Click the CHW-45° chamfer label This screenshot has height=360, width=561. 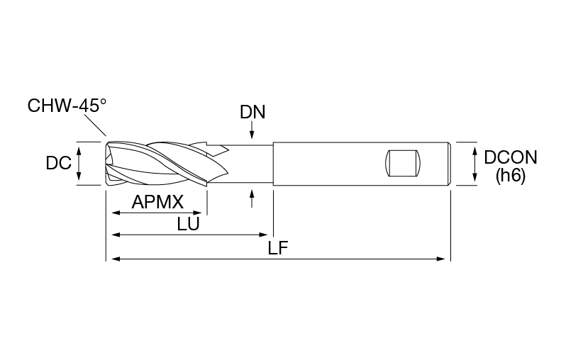(x=67, y=106)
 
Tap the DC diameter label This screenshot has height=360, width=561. (x=59, y=164)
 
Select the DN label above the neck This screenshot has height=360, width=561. (x=252, y=112)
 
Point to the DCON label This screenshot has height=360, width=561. (x=511, y=157)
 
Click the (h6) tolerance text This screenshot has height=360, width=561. (x=510, y=176)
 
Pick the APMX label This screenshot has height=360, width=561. (x=157, y=203)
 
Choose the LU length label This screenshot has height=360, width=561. (x=188, y=225)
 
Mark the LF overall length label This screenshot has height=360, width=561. (x=278, y=248)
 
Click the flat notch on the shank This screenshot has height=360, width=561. (x=403, y=164)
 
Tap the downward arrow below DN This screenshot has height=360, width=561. (x=252, y=130)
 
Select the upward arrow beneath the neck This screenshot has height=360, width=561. (x=252, y=198)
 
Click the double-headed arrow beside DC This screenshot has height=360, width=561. (x=79, y=164)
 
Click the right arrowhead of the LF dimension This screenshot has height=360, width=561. (x=441, y=259)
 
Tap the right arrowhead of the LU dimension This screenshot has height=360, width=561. (x=263, y=235)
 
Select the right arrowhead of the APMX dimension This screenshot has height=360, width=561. (x=198, y=213)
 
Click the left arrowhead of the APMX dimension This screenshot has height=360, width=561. (x=116, y=213)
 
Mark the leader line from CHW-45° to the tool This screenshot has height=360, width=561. (x=95, y=125)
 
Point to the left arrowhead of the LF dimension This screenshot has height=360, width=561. (x=116, y=259)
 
